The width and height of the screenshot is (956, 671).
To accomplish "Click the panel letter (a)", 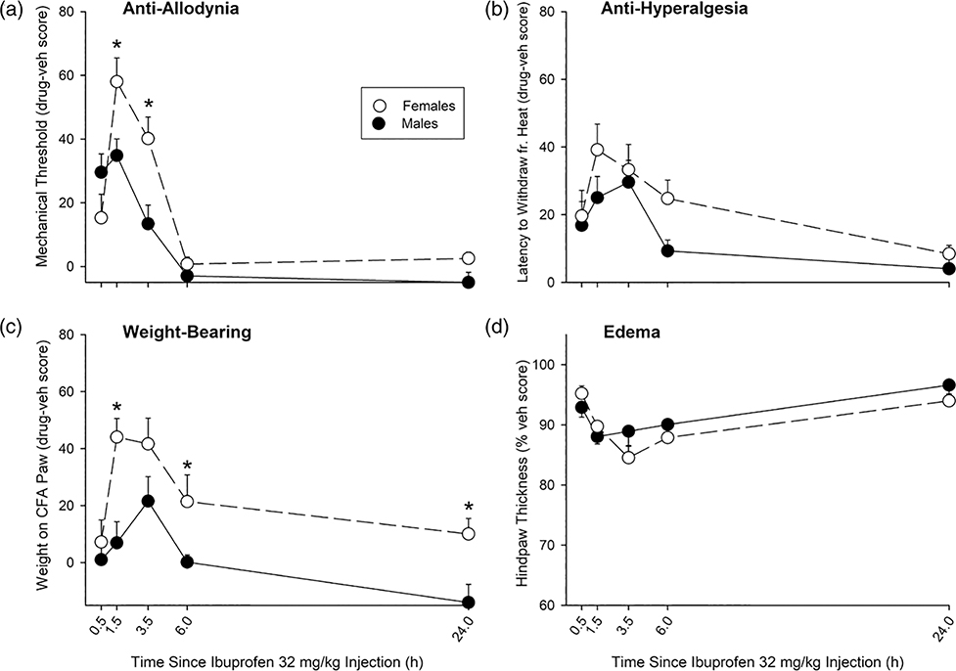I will click(13, 12).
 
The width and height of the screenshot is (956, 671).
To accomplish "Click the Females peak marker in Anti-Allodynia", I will click(116, 81).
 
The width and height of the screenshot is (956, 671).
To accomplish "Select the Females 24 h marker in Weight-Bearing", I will click(468, 534).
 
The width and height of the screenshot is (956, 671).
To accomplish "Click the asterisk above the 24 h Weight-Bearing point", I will click(468, 507).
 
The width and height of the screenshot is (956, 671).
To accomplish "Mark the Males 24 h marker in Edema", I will click(948, 384).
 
